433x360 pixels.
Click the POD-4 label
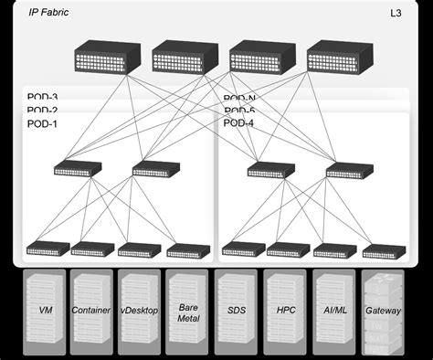tap(239, 123)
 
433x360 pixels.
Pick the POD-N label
tap(239, 98)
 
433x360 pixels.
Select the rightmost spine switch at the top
tap(340, 57)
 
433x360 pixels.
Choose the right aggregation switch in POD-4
tap(349, 169)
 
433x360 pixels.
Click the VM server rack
tap(45, 311)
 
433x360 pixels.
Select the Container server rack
tap(90, 311)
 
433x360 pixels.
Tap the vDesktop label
tap(140, 311)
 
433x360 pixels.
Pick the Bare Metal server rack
tap(188, 311)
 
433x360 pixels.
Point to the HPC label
tap(286, 311)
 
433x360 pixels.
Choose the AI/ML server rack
tap(334, 311)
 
